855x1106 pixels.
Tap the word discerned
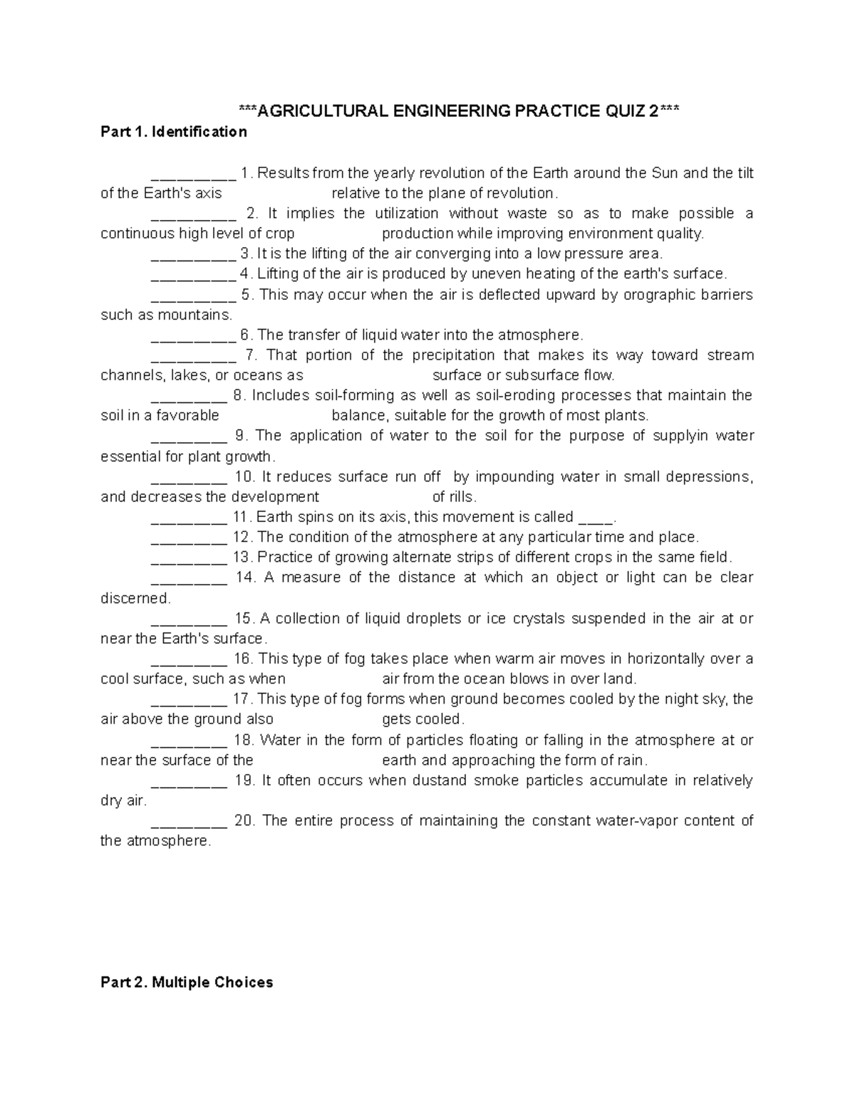pyautogui.click(x=135, y=598)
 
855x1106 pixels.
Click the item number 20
pyautogui.click(x=244, y=821)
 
